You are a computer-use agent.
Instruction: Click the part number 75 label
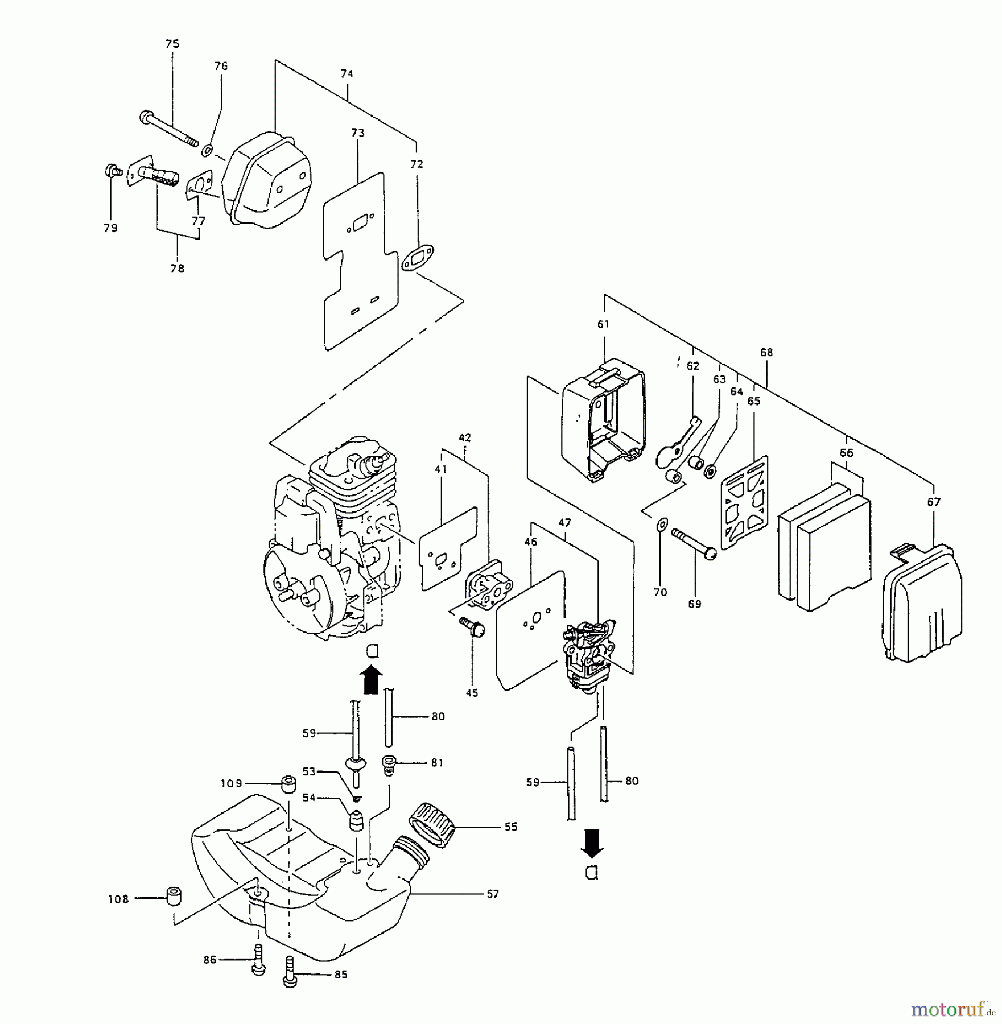point(172,44)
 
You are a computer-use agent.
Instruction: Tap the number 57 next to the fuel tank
point(493,894)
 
